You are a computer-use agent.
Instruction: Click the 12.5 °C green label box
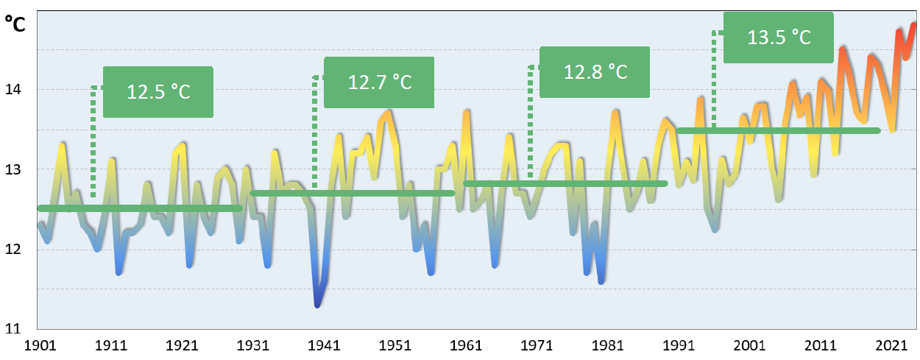coord(158,92)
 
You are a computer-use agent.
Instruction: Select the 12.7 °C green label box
coord(378,81)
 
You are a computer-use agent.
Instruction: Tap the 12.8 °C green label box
coord(595,71)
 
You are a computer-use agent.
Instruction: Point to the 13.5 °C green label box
coord(778,37)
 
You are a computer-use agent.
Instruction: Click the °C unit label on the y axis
coord(16,24)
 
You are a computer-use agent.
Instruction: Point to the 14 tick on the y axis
coord(16,90)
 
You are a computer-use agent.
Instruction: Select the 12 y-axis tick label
coord(16,250)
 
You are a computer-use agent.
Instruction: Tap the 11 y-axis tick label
coord(16,328)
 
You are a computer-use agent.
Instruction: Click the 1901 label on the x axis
coord(38,345)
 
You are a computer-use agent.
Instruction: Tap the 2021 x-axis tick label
coord(893,345)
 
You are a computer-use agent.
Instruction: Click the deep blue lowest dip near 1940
coord(317,303)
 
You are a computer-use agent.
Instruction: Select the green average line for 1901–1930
coord(140,208)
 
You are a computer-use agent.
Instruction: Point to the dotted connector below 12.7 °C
coord(315,133)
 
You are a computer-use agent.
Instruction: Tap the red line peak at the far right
coord(913,25)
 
